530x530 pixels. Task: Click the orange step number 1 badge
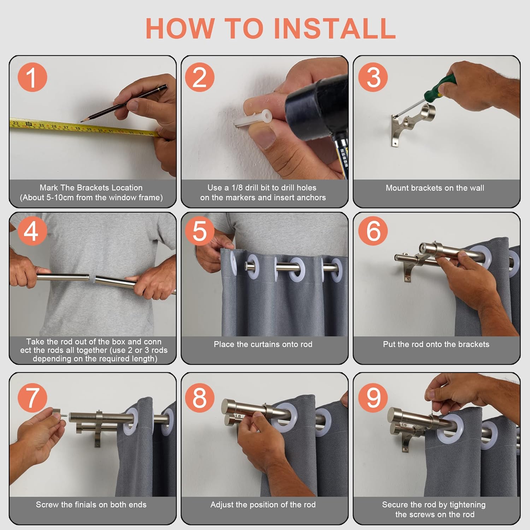coord(32,77)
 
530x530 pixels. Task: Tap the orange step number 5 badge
coord(200,231)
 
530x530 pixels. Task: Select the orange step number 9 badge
coord(373,397)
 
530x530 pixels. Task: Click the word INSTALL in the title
coord(335,28)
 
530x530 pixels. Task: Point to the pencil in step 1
coord(124,103)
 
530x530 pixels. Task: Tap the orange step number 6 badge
coord(373,231)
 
